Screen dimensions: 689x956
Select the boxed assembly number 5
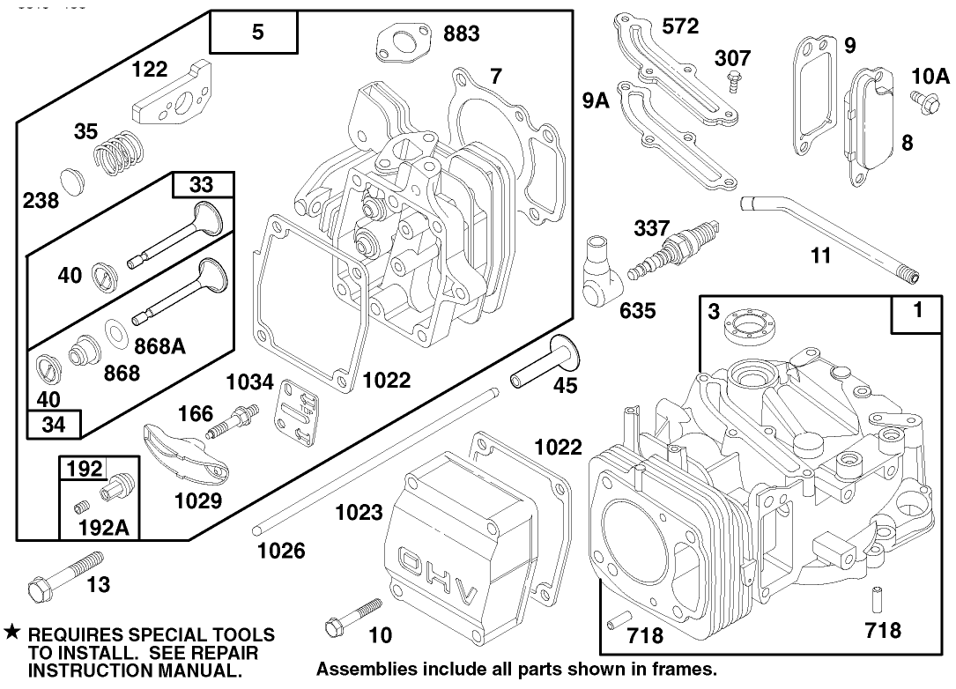[256, 33]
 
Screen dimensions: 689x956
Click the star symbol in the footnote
[11, 633]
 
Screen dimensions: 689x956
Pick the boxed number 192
[85, 469]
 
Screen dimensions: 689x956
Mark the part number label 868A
[159, 346]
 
